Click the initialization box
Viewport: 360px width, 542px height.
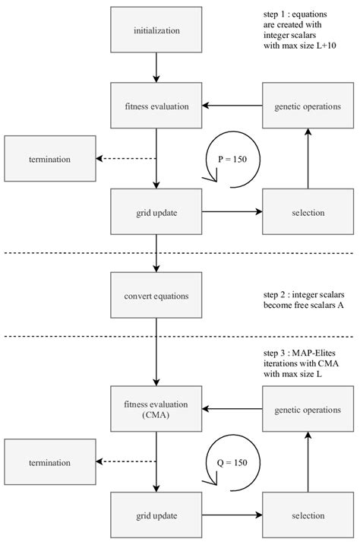(x=156, y=32)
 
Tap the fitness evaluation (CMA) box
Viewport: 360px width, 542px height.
(x=156, y=410)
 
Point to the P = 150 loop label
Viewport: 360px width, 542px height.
(x=232, y=160)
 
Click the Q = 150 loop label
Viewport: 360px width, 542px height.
(x=232, y=463)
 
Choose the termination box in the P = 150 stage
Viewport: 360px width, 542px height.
(x=50, y=159)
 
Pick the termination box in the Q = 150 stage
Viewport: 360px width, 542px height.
(x=50, y=462)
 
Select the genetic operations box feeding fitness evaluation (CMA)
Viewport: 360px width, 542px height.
(x=307, y=410)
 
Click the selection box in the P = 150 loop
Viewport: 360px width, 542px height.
(x=307, y=212)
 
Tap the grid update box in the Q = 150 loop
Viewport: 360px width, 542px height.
(x=156, y=515)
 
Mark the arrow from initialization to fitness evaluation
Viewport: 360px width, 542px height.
(x=156, y=68)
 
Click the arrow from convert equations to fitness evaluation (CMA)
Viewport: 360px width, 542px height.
(x=156, y=351)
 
